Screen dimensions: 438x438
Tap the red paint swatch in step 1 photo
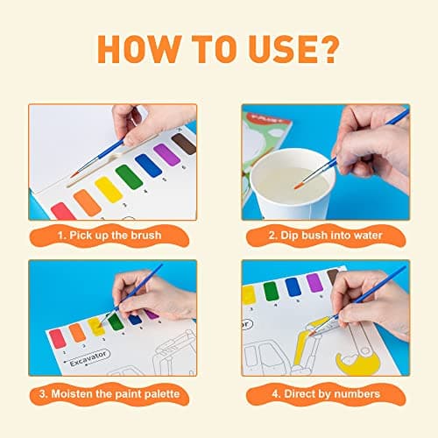point(63,211)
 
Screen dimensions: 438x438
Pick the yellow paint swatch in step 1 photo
point(109,187)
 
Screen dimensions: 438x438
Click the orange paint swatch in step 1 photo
point(87,201)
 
